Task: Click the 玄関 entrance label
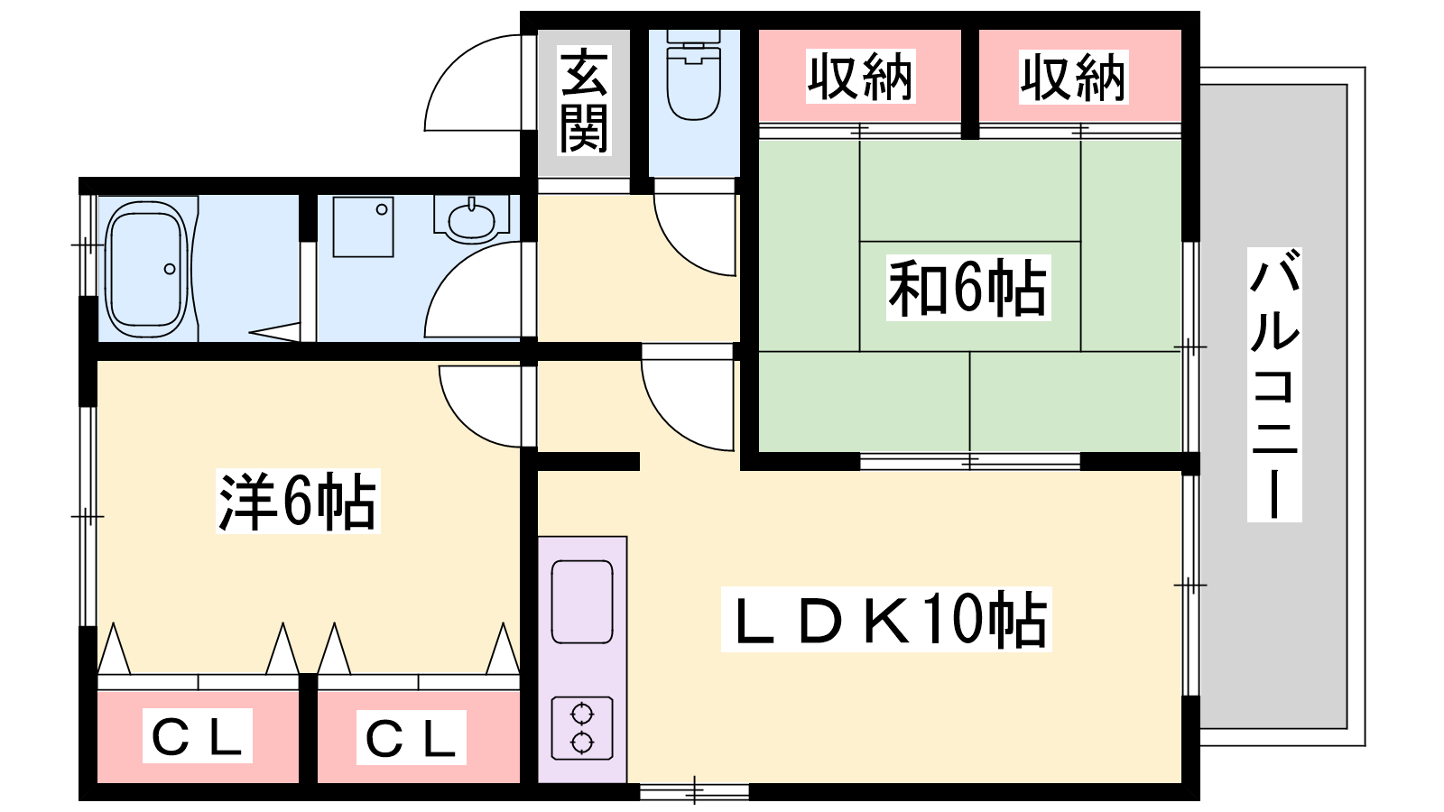584,101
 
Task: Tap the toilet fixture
693,77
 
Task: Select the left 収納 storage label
860,77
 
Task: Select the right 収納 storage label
1073,78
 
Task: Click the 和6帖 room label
968,288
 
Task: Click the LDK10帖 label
887,620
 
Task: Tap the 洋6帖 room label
298,501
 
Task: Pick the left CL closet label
198,737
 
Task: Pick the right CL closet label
412,738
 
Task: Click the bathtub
145,268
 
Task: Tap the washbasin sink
470,220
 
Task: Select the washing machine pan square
363,226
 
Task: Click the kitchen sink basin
582,602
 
